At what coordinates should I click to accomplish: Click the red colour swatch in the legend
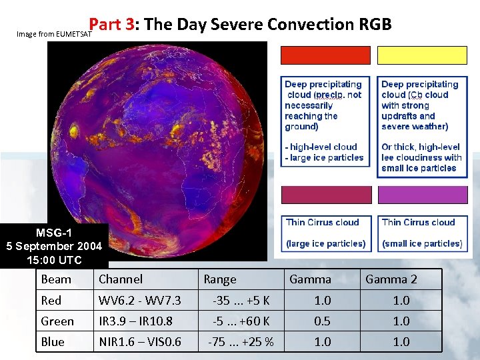tap(325, 55)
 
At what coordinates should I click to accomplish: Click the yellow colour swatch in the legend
tap(422, 55)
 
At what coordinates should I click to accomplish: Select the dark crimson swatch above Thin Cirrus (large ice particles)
tap(325, 195)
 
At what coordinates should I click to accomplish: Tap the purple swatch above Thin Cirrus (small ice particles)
tap(422, 195)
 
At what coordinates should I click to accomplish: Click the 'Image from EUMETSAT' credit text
tap(50, 33)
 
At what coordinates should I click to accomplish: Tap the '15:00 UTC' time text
tap(54, 259)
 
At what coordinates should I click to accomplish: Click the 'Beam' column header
tap(56, 279)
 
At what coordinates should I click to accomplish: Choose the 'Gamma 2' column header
tap(391, 279)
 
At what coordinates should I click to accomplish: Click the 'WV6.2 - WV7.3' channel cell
tap(139, 301)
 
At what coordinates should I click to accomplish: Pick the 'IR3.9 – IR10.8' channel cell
tap(135, 321)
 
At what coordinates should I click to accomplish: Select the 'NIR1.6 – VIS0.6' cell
tap(139, 342)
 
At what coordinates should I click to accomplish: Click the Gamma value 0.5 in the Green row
tap(322, 321)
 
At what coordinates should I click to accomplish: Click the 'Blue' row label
tap(53, 342)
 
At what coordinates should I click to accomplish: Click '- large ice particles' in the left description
tap(324, 158)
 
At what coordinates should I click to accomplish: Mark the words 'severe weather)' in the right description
tap(415, 127)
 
